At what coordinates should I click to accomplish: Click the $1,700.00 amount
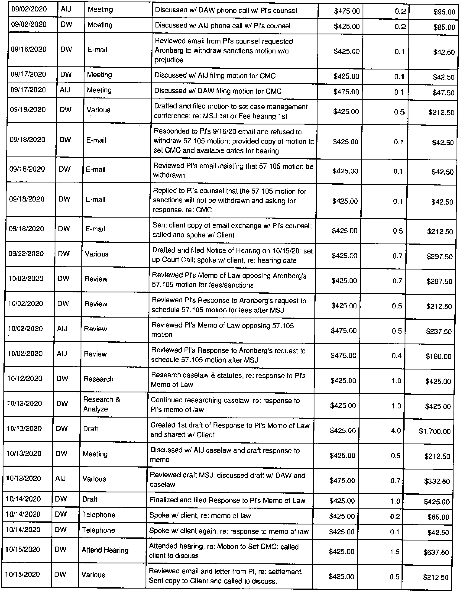coord(434,431)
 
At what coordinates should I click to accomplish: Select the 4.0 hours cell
coord(396,431)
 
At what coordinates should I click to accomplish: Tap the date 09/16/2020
coord(29,49)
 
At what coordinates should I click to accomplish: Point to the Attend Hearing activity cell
coord(105,550)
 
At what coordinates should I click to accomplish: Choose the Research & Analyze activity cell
coord(101,404)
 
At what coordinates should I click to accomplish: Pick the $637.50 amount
coord(436,552)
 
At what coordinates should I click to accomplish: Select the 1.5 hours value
coord(395,552)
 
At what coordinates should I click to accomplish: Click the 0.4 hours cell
coord(396,356)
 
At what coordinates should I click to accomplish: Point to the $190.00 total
coord(439,356)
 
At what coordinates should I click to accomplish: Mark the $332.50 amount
coord(437,481)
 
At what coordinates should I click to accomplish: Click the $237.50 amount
coord(439,332)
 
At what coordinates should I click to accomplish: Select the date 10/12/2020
coord(25,378)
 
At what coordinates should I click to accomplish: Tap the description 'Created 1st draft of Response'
coord(230,430)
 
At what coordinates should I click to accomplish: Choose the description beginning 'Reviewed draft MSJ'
coord(227,480)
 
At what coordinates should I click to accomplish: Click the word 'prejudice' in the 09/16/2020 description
coord(169,60)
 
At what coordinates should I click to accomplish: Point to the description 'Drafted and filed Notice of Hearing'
coord(232,255)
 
